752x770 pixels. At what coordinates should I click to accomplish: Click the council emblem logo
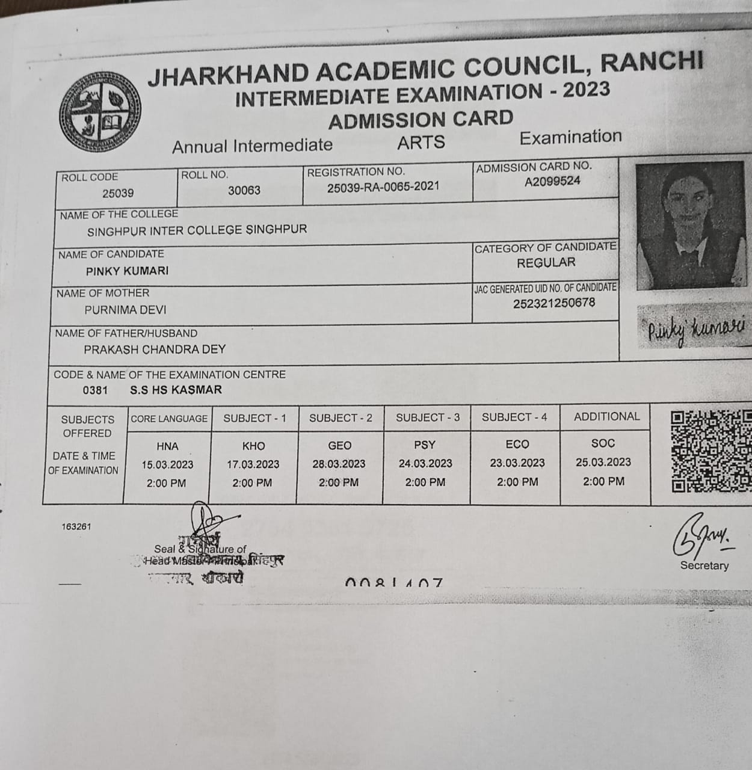point(100,112)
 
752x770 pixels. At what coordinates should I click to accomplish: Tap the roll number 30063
point(244,190)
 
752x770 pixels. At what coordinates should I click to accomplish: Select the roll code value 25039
point(118,193)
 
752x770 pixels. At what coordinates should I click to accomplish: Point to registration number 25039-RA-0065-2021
point(383,187)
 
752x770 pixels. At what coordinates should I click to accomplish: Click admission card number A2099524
point(552,181)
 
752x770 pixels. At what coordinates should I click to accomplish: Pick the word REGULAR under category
point(546,263)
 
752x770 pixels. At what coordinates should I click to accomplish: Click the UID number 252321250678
point(554,303)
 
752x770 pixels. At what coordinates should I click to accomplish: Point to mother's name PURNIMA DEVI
point(125,310)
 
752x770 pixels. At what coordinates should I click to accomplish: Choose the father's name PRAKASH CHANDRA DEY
point(155,349)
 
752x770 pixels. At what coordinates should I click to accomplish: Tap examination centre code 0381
point(95,390)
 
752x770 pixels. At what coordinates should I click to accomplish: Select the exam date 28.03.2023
point(339,464)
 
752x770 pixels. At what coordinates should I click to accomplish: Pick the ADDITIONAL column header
point(606,416)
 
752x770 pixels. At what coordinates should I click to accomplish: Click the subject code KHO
point(253,446)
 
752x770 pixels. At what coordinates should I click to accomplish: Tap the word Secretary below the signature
point(704,565)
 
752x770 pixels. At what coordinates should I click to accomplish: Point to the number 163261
point(76,526)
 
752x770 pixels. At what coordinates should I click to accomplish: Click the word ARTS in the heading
point(421,143)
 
